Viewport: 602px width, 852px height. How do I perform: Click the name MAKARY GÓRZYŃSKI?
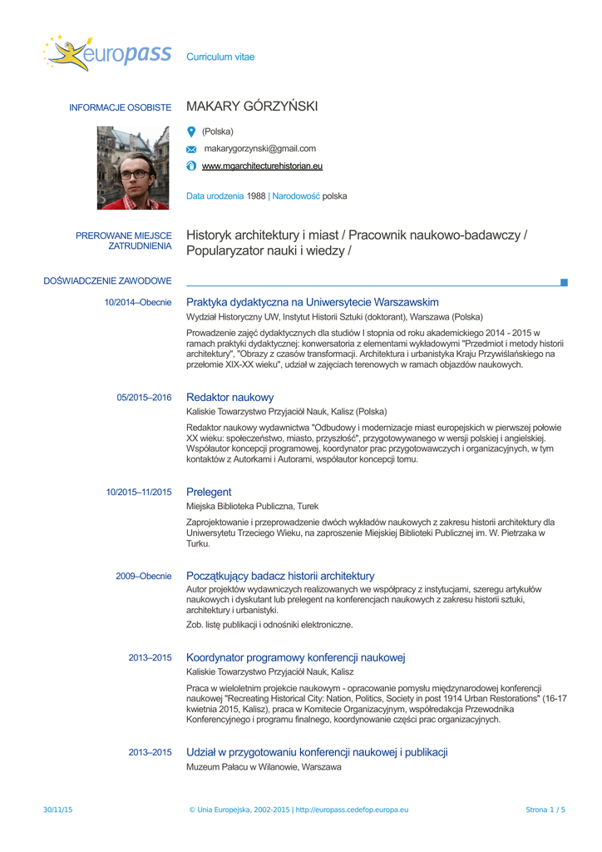pyautogui.click(x=252, y=107)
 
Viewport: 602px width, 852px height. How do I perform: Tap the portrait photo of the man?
pyautogui.click(x=133, y=167)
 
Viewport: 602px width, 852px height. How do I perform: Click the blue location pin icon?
pyautogui.click(x=191, y=131)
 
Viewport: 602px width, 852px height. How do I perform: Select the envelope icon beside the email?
pyautogui.click(x=191, y=150)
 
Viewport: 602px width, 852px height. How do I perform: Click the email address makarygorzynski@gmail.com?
pyautogui.click(x=259, y=149)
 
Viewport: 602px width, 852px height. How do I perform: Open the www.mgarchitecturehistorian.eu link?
pyautogui.click(x=262, y=166)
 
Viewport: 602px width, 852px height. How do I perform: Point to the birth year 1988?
pyautogui.click(x=256, y=196)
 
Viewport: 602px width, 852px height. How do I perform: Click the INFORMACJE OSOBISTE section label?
pyautogui.click(x=120, y=108)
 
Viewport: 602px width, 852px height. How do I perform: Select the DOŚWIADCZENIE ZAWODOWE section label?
pyautogui.click(x=108, y=281)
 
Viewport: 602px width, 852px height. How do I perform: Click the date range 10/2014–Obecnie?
pyautogui.click(x=138, y=302)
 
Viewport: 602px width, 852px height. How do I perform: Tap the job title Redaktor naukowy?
pyautogui.click(x=229, y=397)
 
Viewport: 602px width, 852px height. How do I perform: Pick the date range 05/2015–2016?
pyautogui.click(x=144, y=398)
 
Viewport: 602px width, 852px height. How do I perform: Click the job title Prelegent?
pyautogui.click(x=209, y=492)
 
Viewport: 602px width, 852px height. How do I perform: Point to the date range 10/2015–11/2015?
pyautogui.click(x=139, y=493)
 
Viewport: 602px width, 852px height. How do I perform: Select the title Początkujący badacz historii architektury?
pyautogui.click(x=280, y=576)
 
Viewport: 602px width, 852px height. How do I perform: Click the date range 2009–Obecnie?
pyautogui.click(x=143, y=577)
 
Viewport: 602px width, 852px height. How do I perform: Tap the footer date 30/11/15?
pyautogui.click(x=58, y=810)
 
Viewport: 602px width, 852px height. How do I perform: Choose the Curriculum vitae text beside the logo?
pyautogui.click(x=220, y=57)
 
